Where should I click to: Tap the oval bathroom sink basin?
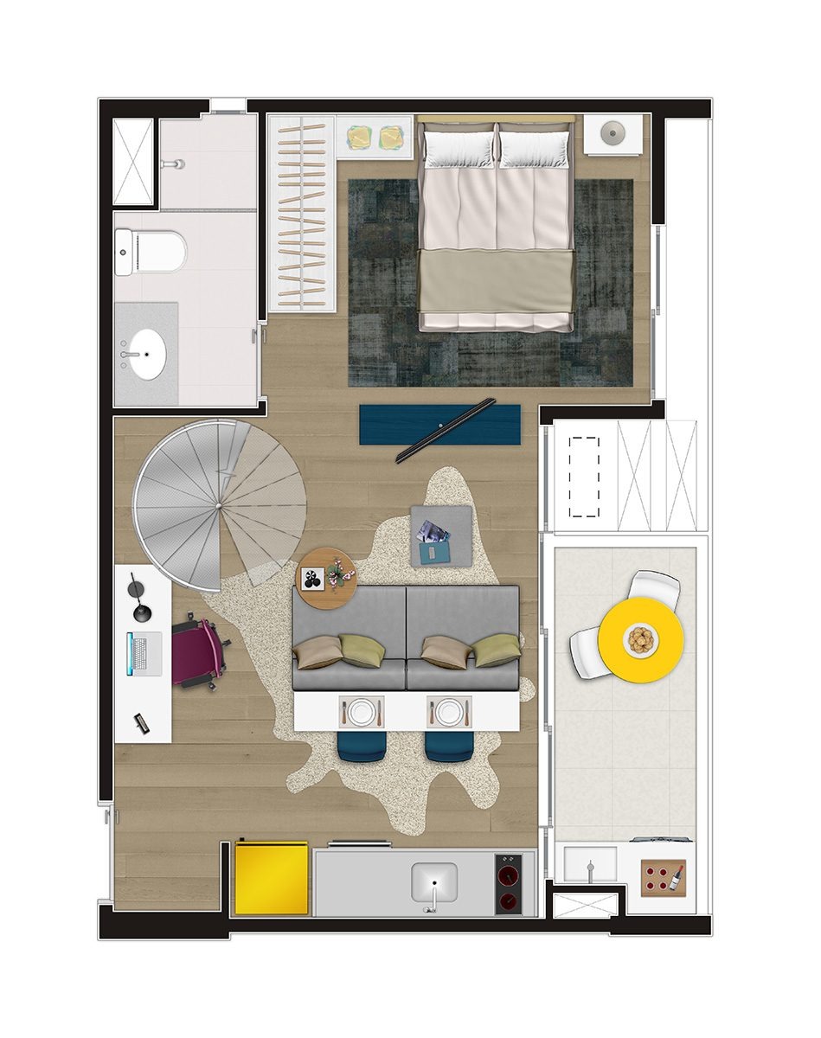pyautogui.click(x=148, y=353)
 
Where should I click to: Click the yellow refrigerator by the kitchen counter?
pyautogui.click(x=272, y=878)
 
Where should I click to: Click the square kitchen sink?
pyautogui.click(x=434, y=884)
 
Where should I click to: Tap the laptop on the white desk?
pyautogui.click(x=144, y=653)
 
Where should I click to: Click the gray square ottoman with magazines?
pyautogui.click(x=441, y=535)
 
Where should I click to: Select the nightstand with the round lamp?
pyautogui.click(x=613, y=134)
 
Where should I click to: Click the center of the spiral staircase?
pyautogui.click(x=219, y=504)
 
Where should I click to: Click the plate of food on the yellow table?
pyautogui.click(x=641, y=640)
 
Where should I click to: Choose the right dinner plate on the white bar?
pyautogui.click(x=449, y=713)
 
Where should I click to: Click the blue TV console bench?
pyautogui.click(x=440, y=424)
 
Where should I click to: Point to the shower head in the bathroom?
pyautogui.click(x=177, y=163)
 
